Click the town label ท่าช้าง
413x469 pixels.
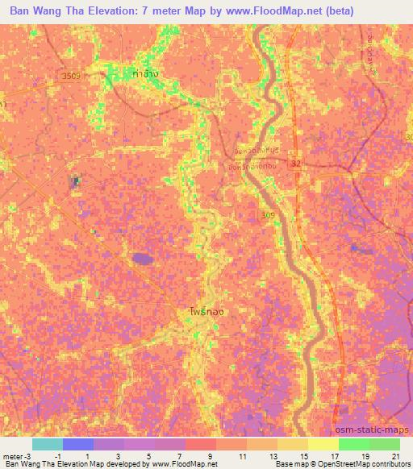pyautogui.click(x=146, y=74)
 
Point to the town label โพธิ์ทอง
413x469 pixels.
pyautogui.click(x=195, y=309)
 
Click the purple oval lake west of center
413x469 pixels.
pyautogui.click(x=143, y=258)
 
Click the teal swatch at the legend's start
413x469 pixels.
pyautogui.click(x=47, y=444)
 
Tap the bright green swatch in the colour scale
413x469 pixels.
pyautogui.click(x=353, y=444)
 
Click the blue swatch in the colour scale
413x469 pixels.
pyautogui.click(x=78, y=444)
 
